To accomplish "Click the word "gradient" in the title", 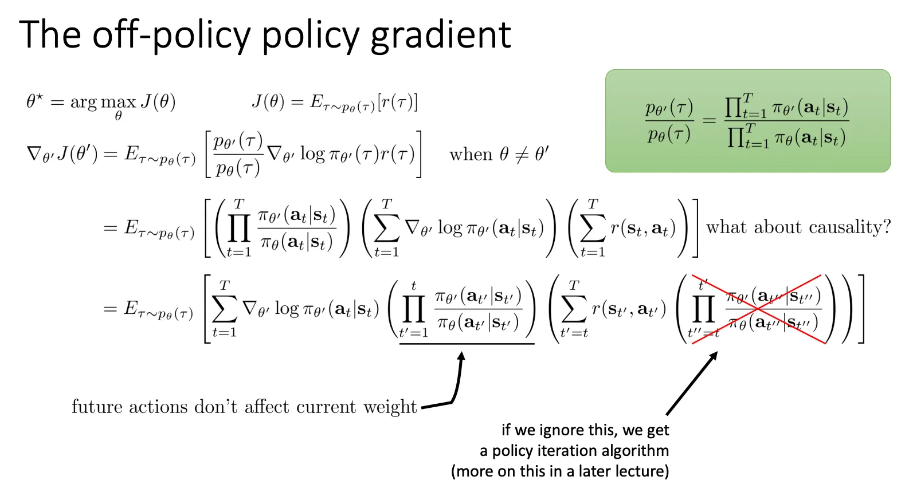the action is pyautogui.click(x=441, y=36).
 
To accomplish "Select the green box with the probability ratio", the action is pyautogui.click(x=747, y=121).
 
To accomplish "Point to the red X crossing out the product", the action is pyautogui.click(x=758, y=309).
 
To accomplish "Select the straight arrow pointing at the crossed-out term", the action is pyautogui.click(x=692, y=383).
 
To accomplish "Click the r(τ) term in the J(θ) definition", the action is pyautogui.click(x=397, y=102).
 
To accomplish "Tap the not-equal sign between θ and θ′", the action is pyautogui.click(x=522, y=155).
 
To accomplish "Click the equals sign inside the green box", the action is pyautogui.click(x=709, y=120).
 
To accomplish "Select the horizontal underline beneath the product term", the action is pyautogui.click(x=467, y=344).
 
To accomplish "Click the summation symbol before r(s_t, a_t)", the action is pyautogui.click(x=593, y=229).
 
